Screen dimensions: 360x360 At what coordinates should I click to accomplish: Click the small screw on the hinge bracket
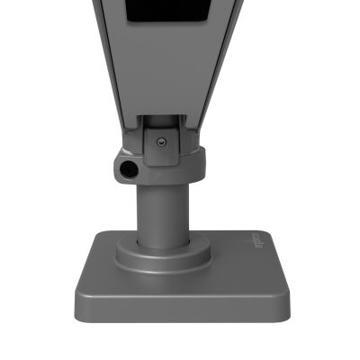pyautogui.click(x=160, y=141)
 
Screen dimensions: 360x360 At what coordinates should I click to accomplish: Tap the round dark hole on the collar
pyautogui.click(x=128, y=168)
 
